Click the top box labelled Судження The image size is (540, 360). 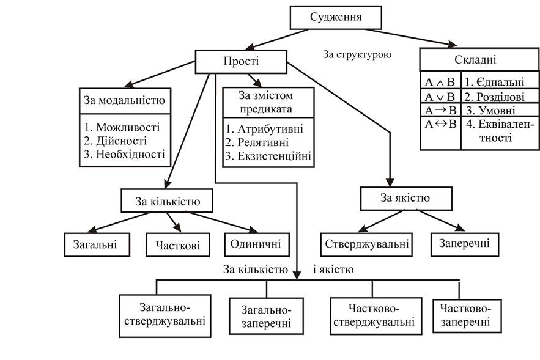coord(336,17)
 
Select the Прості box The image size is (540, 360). coord(241,62)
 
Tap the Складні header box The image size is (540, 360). coord(479,59)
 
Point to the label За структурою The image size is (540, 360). coord(357,54)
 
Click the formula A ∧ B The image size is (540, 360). coord(440,82)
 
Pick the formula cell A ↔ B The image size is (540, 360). coord(440,124)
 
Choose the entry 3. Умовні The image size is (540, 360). coord(490,111)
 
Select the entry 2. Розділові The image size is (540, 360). coord(494,97)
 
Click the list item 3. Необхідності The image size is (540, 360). coord(124,154)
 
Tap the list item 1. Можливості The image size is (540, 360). coord(122,127)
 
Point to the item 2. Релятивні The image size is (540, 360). coord(257,142)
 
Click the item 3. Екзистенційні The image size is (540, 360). coord(268,156)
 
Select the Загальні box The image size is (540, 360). coord(97,244)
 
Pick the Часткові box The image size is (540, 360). coord(178,244)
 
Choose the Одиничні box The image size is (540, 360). coord(257,244)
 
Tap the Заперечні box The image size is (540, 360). coord(465,244)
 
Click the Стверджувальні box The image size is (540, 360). coord(366,244)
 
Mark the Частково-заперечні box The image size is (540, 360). coord(467,316)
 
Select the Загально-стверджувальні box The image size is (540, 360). coord(165,316)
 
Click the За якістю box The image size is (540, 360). coord(407,199)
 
